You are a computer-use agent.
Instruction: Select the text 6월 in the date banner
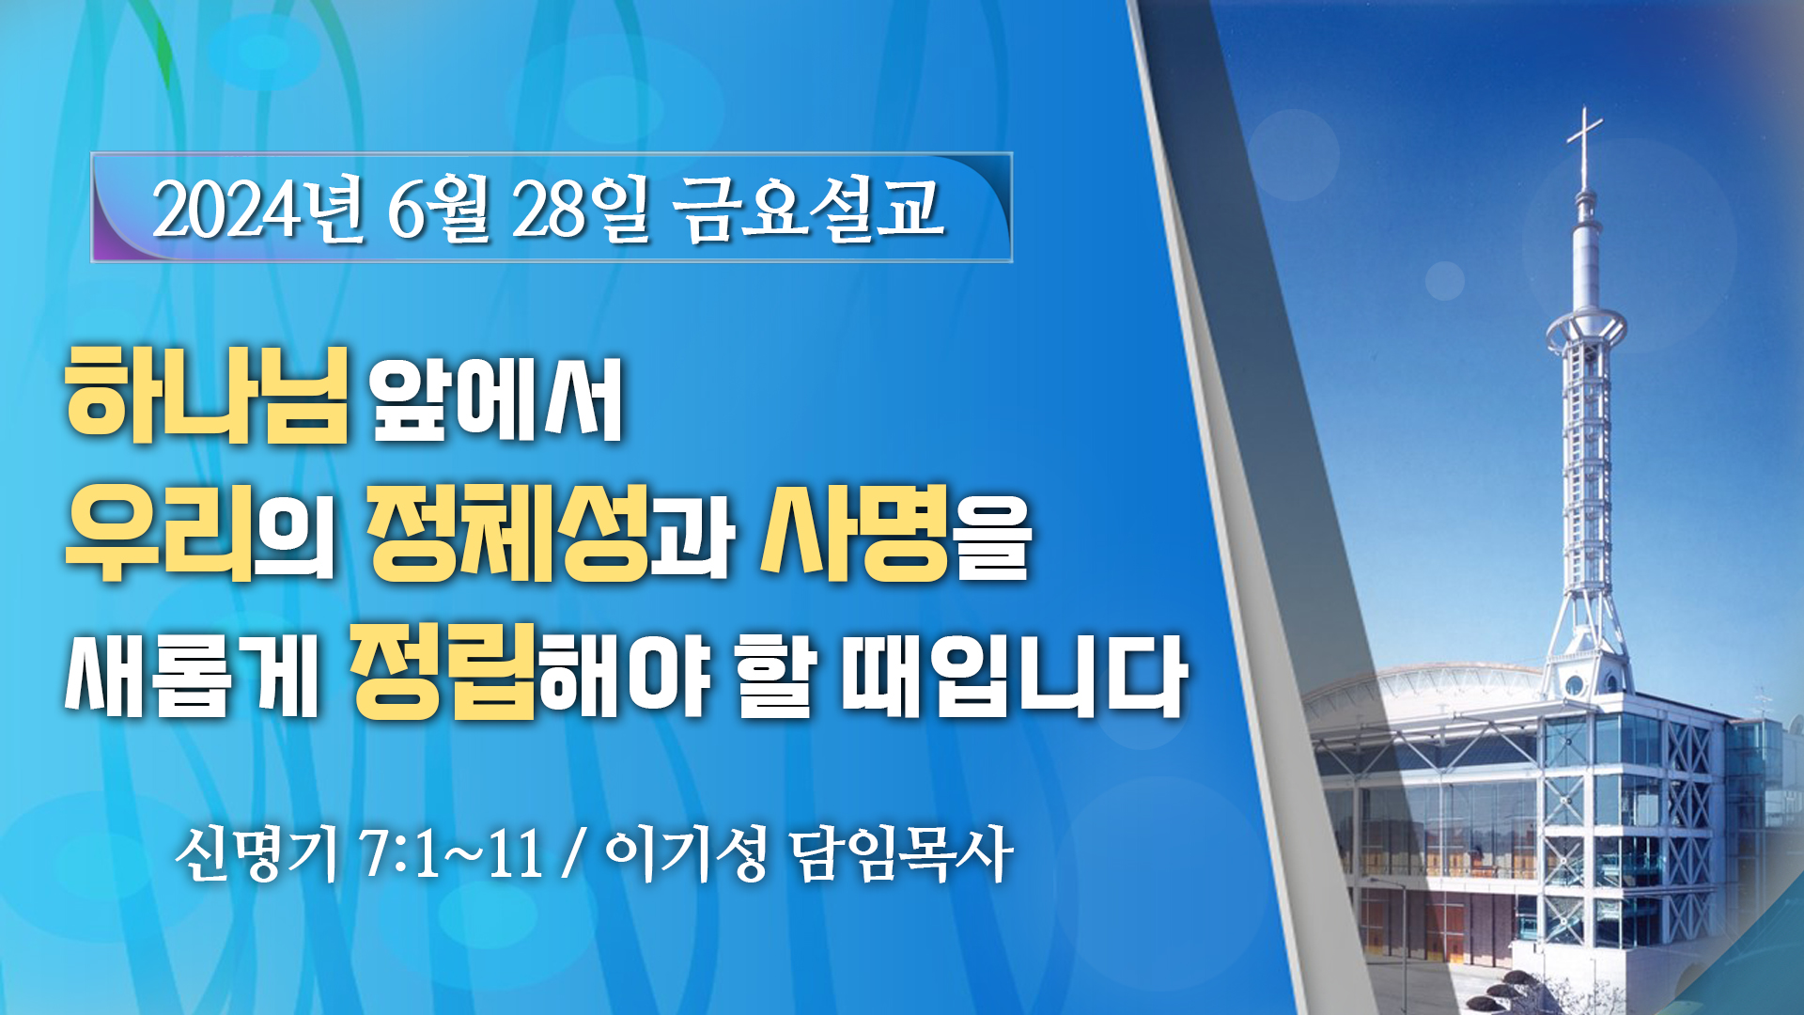(438, 211)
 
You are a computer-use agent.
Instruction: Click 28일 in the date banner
(581, 211)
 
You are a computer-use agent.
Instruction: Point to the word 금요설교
(808, 209)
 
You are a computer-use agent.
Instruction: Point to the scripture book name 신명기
(256, 853)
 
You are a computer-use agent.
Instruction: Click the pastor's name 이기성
(686, 853)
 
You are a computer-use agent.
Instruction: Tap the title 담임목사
(900, 853)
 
